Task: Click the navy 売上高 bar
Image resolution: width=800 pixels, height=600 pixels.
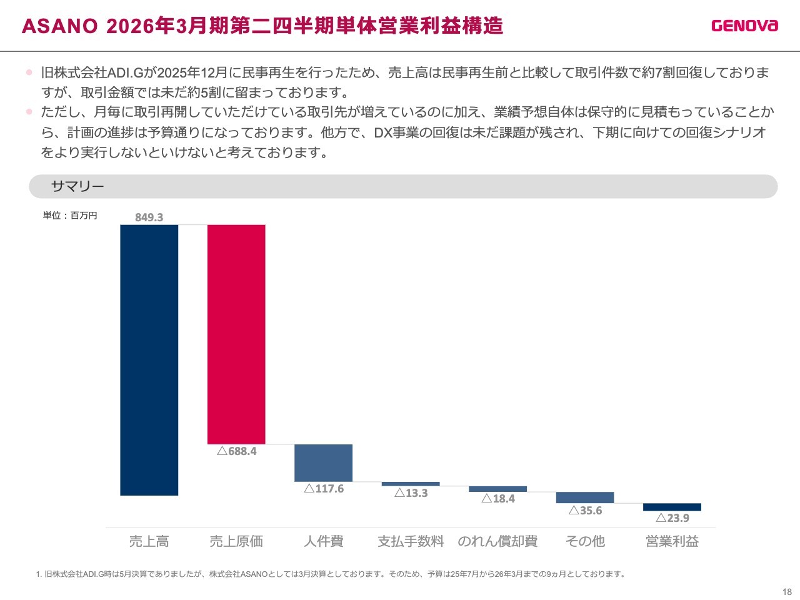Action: (149, 359)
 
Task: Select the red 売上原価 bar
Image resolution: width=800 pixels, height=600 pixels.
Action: (236, 334)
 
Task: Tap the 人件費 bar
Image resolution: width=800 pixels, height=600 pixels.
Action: (323, 462)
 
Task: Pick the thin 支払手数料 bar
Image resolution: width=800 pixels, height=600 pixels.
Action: (411, 484)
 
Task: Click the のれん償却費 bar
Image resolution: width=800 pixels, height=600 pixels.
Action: (497, 489)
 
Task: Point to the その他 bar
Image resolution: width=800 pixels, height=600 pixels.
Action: (585, 497)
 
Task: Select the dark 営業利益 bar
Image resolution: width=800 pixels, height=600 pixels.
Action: (672, 507)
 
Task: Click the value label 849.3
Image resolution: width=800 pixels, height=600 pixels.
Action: (149, 217)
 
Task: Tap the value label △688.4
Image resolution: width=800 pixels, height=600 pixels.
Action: (237, 451)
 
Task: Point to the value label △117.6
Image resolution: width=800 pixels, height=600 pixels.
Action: (324, 489)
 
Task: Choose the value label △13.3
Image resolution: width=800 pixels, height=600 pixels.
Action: (411, 493)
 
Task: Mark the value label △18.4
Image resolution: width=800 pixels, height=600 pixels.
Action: (498, 499)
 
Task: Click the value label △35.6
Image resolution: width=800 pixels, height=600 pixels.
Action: (586, 511)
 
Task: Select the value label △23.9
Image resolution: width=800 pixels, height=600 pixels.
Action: (672, 518)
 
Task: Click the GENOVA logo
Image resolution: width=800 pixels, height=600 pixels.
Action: (744, 26)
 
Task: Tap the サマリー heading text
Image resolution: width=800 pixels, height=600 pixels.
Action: (77, 186)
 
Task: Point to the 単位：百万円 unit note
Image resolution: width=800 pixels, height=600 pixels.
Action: (70, 216)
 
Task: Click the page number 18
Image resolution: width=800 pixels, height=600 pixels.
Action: (787, 592)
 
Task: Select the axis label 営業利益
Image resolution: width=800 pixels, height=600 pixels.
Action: (672, 541)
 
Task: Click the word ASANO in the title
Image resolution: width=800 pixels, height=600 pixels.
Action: (59, 26)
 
